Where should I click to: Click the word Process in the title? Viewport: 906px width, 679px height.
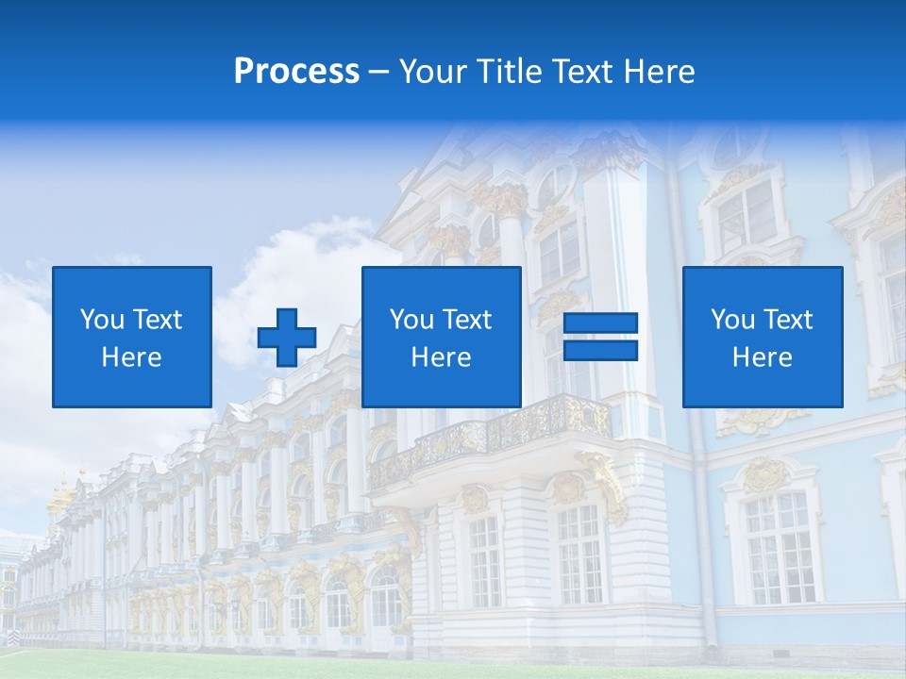(x=296, y=72)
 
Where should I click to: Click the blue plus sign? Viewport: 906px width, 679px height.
(x=287, y=337)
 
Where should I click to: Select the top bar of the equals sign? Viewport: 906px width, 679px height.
(x=600, y=323)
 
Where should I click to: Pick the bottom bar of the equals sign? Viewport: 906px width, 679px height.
(x=600, y=350)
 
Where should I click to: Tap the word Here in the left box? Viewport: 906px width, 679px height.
(x=132, y=357)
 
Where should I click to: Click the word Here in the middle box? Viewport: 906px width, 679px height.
(x=442, y=357)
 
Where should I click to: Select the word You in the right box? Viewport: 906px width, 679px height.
(x=733, y=320)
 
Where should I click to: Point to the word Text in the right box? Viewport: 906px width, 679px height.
(x=788, y=320)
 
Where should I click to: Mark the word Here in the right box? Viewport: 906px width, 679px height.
(x=763, y=357)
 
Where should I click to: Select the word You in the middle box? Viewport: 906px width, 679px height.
(x=412, y=320)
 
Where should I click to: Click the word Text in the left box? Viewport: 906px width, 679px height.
(x=158, y=320)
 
